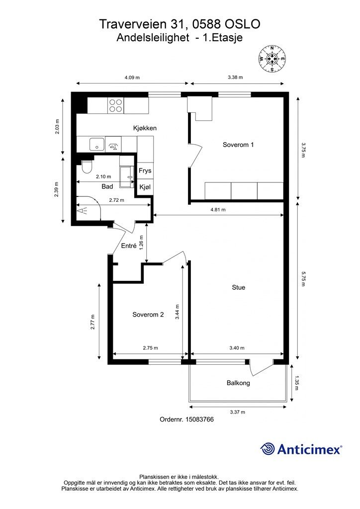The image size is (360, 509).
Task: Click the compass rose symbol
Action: click(271, 59)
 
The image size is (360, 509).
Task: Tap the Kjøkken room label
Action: click(145, 128)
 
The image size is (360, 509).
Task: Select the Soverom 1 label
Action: click(238, 145)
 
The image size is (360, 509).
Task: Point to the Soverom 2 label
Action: click(148, 315)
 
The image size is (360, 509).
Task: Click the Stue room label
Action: click(238, 287)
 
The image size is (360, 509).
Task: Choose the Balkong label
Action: click(238, 383)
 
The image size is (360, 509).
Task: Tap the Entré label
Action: click(129, 246)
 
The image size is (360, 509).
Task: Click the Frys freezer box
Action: click(145, 170)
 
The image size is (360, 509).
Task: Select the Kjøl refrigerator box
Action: click(145, 187)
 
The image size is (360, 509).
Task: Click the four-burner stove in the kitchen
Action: click(115, 105)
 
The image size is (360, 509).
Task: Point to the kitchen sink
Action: click(97, 144)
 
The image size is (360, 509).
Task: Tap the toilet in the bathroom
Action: click(87, 166)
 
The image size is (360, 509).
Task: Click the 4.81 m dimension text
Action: click(218, 210)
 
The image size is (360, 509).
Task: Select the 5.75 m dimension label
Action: click(303, 278)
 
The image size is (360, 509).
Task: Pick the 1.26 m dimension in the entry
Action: click(141, 243)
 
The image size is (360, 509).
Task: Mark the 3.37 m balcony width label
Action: click(237, 412)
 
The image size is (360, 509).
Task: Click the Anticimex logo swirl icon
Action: click(268, 449)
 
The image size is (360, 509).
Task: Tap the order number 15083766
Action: click(199, 420)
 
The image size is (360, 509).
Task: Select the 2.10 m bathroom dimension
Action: click(103, 176)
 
